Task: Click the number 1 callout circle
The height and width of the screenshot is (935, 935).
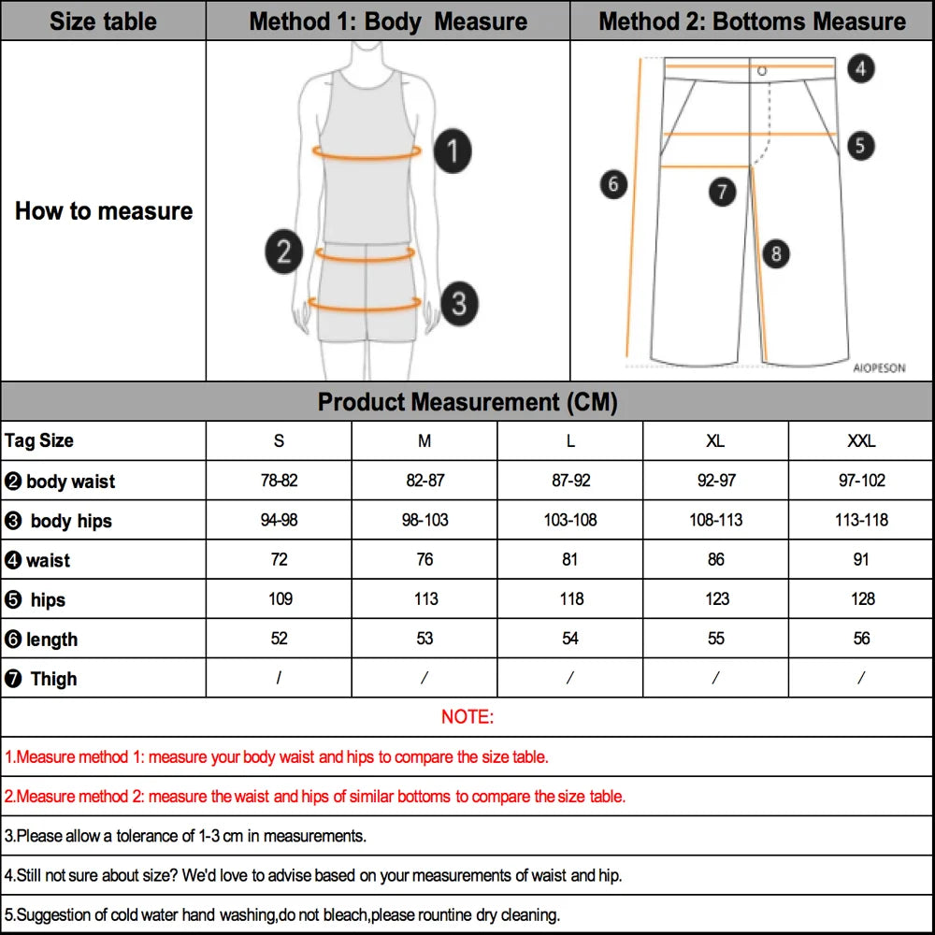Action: pyautogui.click(x=453, y=151)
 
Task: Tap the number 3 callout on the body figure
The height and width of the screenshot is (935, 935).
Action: pyautogui.click(x=459, y=303)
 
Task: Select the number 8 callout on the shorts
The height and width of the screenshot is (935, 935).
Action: pyautogui.click(x=775, y=253)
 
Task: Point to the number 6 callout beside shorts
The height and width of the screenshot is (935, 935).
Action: pyautogui.click(x=613, y=184)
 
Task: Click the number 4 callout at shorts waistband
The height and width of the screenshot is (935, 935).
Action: pyautogui.click(x=861, y=68)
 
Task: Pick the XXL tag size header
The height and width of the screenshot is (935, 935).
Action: pyautogui.click(x=861, y=441)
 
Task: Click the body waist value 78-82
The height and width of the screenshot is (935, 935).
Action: pyautogui.click(x=280, y=481)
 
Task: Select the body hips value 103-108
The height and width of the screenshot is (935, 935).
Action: pyautogui.click(x=570, y=520)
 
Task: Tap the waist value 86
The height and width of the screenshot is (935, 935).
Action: pyautogui.click(x=716, y=559)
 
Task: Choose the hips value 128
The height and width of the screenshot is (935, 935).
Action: pyautogui.click(x=862, y=598)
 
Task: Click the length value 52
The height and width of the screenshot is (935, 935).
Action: pyautogui.click(x=280, y=638)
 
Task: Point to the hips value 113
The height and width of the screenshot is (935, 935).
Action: pyautogui.click(x=425, y=598)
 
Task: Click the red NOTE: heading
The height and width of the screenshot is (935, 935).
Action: pyautogui.click(x=467, y=717)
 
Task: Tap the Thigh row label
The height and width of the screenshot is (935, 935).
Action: pyautogui.click(x=53, y=679)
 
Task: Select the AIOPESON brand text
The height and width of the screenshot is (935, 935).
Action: pyautogui.click(x=879, y=368)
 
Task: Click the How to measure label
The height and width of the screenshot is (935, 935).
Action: pyautogui.click(x=103, y=211)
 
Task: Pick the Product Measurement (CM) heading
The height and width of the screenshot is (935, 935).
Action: pyautogui.click(x=467, y=402)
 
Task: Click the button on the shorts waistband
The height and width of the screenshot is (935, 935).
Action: pyautogui.click(x=762, y=70)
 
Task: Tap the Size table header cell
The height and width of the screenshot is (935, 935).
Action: pyautogui.click(x=103, y=21)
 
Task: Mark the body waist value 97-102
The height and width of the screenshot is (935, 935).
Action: pyautogui.click(x=861, y=481)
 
